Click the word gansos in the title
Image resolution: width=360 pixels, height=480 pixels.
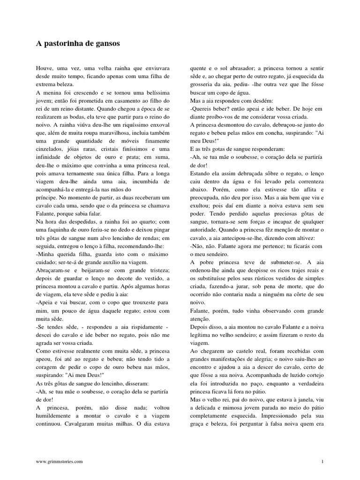coord(108,44)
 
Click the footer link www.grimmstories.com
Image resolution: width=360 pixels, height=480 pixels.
coord(60,462)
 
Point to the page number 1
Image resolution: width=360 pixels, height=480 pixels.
coord(322,462)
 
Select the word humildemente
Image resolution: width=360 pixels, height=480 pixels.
coord(58,416)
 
